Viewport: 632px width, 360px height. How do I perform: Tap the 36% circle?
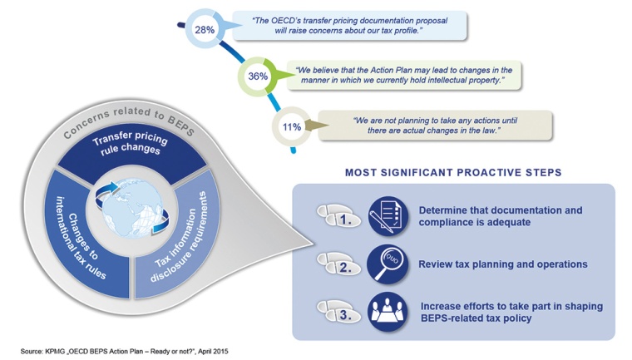click(x=257, y=76)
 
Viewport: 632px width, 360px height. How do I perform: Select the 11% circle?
click(x=291, y=127)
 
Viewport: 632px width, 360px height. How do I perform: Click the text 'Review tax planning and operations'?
click(x=503, y=264)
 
